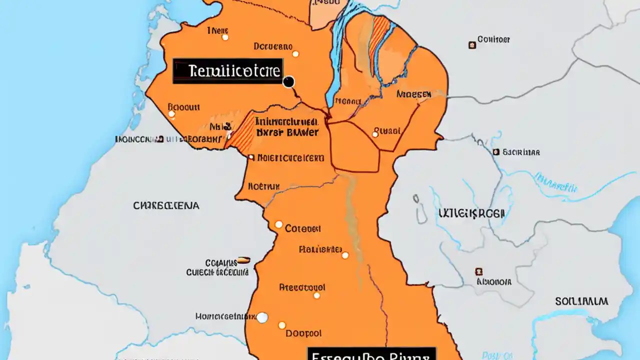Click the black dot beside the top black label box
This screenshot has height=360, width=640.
click(x=288, y=82)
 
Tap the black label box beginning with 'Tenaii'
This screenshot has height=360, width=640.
click(x=228, y=71)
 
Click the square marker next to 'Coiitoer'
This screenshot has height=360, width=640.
click(x=471, y=45)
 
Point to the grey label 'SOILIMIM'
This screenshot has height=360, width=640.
click(x=581, y=301)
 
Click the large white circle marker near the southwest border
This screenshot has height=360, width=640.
click(x=262, y=317)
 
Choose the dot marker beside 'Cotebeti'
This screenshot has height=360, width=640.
click(x=278, y=224)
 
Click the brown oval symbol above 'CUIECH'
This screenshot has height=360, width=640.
click(x=243, y=259)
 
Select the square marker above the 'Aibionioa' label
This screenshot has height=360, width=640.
click(x=478, y=271)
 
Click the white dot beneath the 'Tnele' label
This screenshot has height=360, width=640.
click(x=225, y=37)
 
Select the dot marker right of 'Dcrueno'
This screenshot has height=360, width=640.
click(x=295, y=53)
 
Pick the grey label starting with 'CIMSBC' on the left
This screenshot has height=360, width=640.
click(x=166, y=205)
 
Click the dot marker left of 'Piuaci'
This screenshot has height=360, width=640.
click(x=375, y=134)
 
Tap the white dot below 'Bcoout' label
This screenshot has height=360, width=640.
click(x=171, y=114)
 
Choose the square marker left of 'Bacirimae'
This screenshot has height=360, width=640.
click(x=495, y=152)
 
